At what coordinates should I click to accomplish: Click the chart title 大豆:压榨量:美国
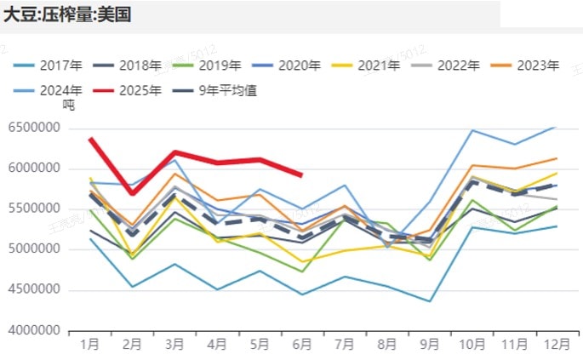67,14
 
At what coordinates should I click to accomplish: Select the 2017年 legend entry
60,65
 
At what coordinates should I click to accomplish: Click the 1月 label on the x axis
89,344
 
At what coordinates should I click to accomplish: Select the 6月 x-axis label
302,344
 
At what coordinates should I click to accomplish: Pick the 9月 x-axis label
430,344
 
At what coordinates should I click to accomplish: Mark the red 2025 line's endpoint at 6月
302,175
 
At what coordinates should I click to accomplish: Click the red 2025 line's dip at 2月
132,193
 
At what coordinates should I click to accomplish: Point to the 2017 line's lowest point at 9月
430,301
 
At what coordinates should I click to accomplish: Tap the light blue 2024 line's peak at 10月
472,130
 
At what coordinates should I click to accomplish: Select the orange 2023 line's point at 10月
472,165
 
